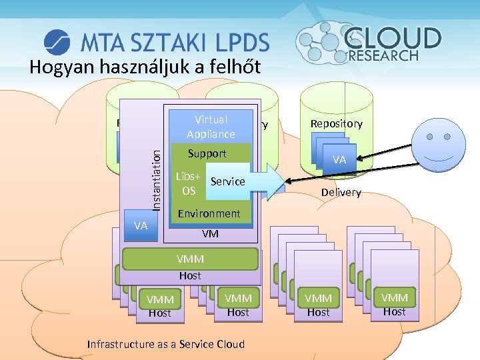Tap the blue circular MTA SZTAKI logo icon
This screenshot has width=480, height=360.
(57, 42)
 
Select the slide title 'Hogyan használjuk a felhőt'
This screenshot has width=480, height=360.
(145, 67)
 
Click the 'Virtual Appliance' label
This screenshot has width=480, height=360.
(211, 127)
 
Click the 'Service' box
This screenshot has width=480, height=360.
(227, 181)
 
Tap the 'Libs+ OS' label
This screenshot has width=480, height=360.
(189, 184)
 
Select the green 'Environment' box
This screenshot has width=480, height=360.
(209, 213)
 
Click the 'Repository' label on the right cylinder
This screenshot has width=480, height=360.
(336, 123)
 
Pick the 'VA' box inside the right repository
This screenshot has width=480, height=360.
(339, 160)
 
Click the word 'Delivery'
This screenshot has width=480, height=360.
(341, 192)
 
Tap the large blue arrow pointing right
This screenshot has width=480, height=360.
(267, 181)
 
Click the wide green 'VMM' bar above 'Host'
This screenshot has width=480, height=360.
(190, 259)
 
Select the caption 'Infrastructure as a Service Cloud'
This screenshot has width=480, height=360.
(166, 344)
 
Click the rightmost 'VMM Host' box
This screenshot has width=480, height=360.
(394, 304)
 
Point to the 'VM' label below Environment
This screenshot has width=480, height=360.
(211, 234)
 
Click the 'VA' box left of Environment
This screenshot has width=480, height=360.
(141, 225)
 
